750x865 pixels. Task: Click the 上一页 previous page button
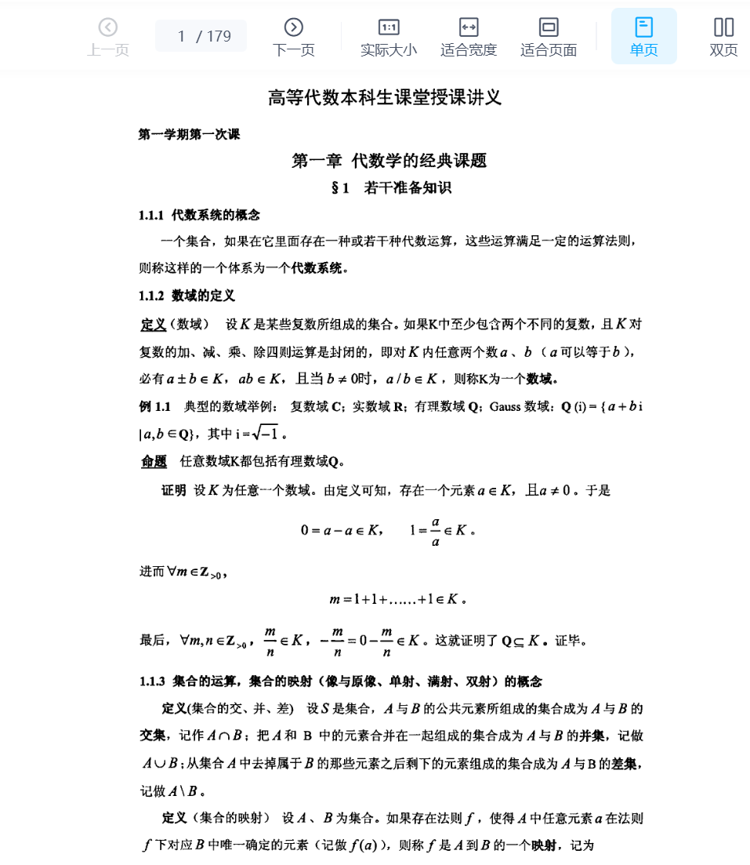click(x=108, y=37)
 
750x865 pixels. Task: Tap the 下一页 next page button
click(x=293, y=37)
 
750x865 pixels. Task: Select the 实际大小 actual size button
click(x=389, y=37)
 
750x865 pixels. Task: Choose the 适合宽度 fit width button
click(x=469, y=37)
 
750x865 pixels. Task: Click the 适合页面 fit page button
click(x=549, y=37)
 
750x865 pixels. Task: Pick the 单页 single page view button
click(x=643, y=37)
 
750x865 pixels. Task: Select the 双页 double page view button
click(x=723, y=37)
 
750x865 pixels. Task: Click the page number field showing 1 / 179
click(x=201, y=36)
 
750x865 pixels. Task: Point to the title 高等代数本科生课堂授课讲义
click(x=384, y=98)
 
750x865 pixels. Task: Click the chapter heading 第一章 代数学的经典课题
click(x=389, y=161)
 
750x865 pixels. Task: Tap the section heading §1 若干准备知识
click(x=391, y=188)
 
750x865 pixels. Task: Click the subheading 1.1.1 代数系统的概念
click(x=199, y=215)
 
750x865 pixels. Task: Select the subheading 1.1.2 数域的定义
click(x=187, y=296)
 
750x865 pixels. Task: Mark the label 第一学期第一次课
click(x=189, y=135)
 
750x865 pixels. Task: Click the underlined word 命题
click(x=154, y=461)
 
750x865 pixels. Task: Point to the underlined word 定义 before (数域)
click(x=154, y=325)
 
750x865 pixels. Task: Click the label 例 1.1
click(x=154, y=407)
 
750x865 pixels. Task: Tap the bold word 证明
click(x=174, y=490)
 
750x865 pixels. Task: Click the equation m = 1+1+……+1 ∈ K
click(x=399, y=600)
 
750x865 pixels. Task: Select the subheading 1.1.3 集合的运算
click(x=204, y=681)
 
